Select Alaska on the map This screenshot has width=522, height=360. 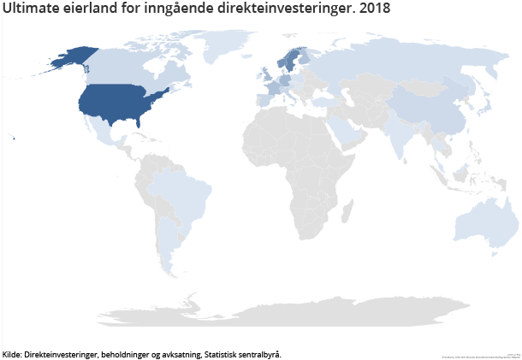click(74, 57)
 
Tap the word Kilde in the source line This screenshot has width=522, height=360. click(12, 354)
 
